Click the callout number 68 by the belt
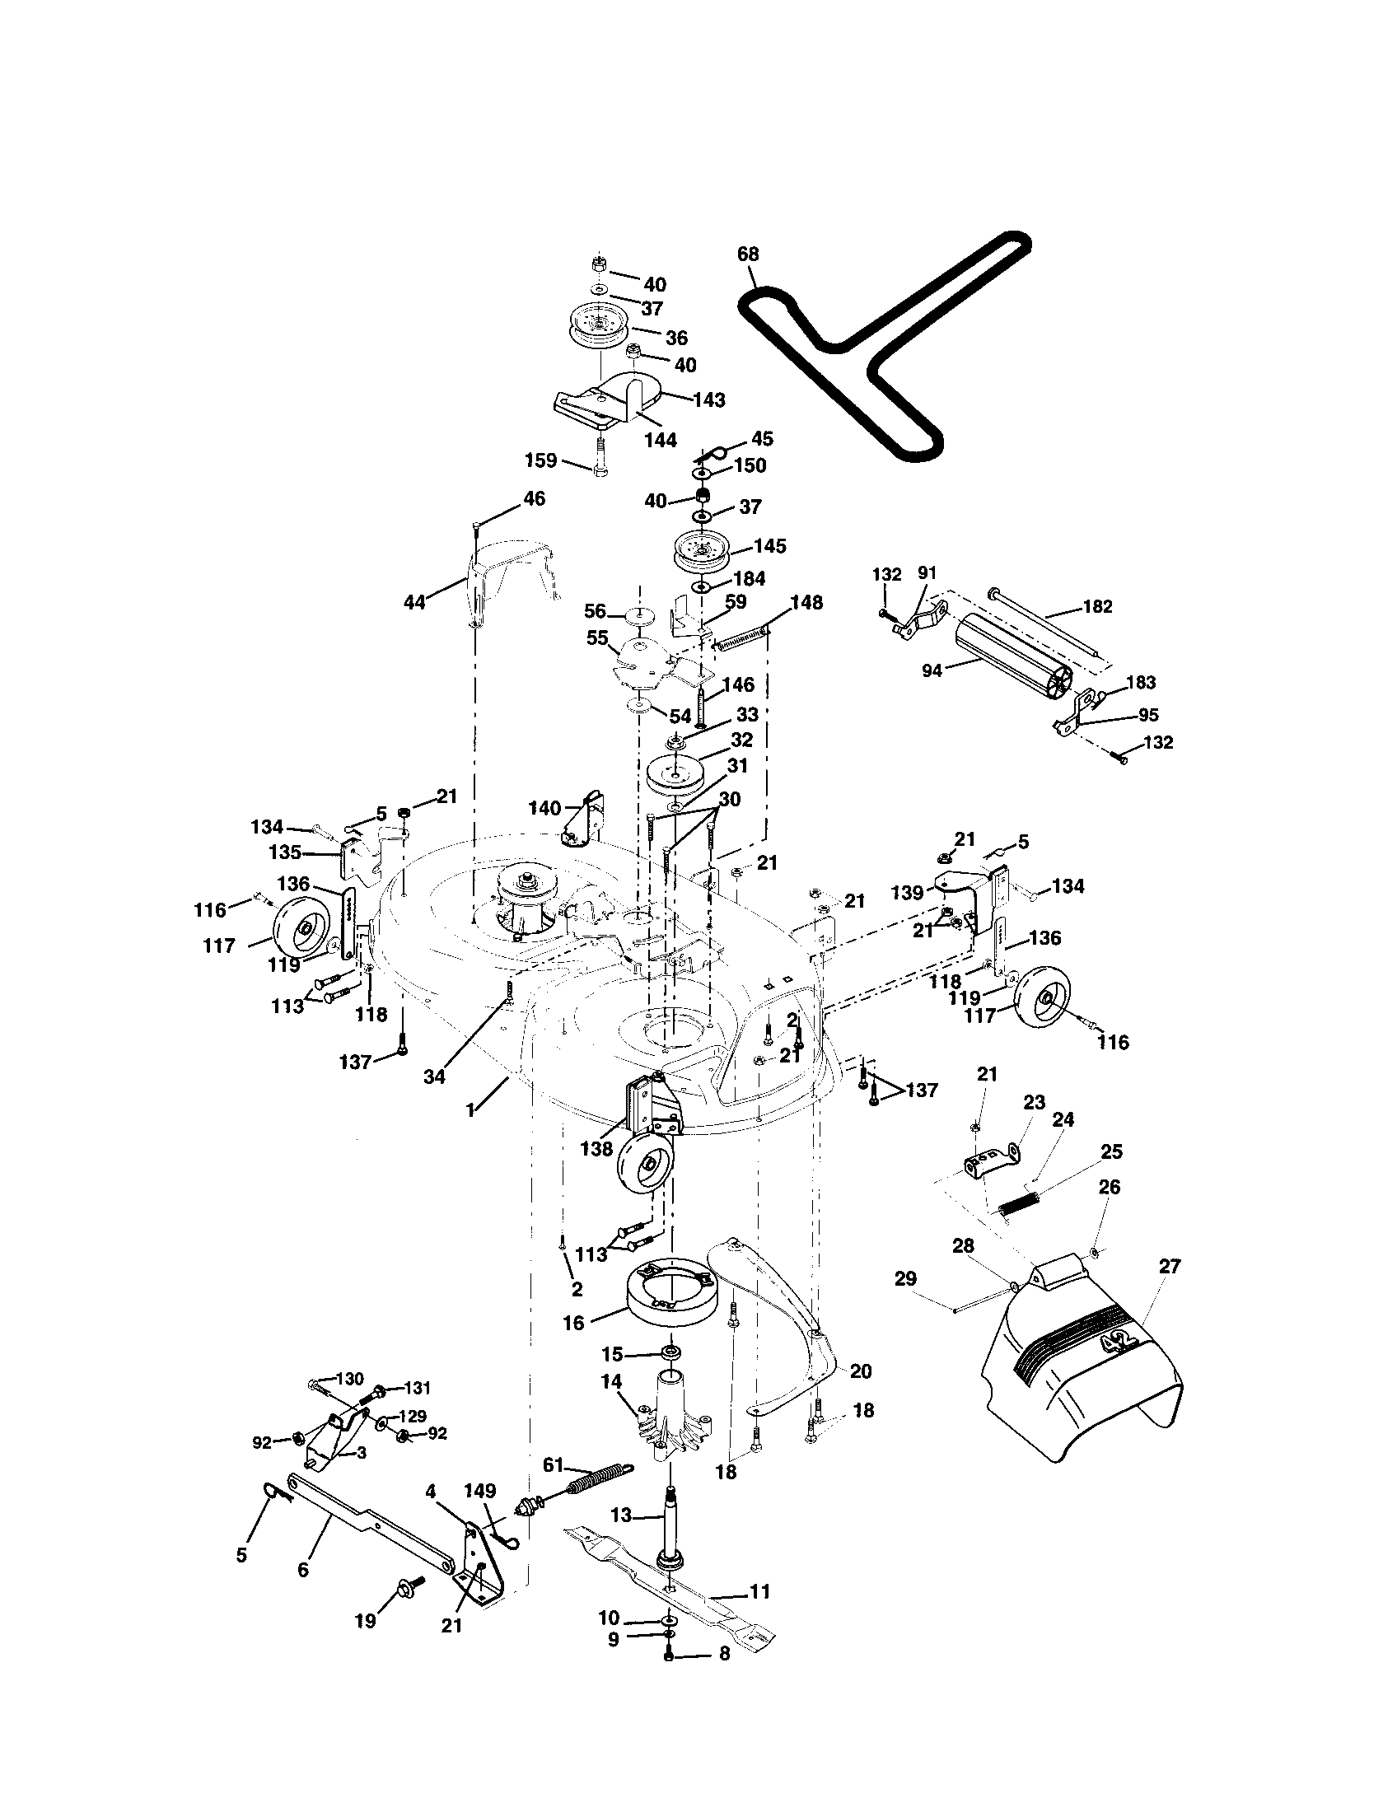747,254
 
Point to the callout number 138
597,1149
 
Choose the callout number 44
414,602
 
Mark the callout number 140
545,808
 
